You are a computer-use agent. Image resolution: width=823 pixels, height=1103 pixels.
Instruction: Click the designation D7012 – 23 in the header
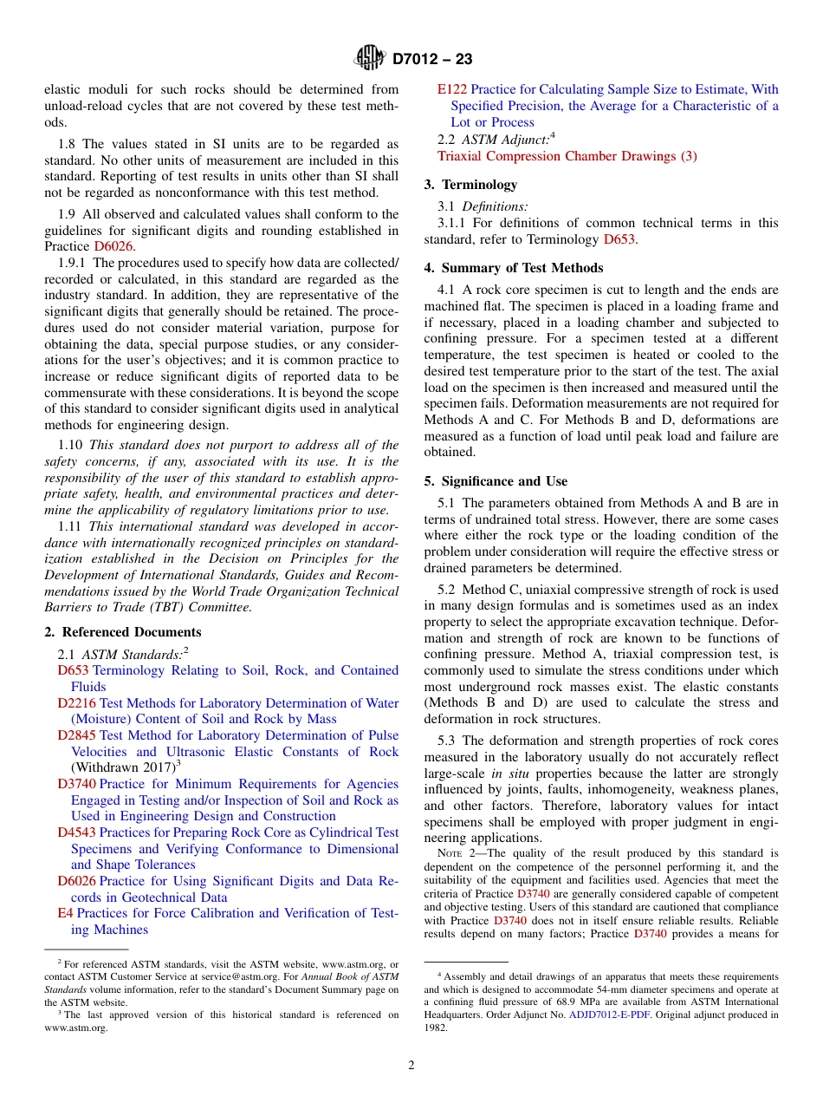coord(432,60)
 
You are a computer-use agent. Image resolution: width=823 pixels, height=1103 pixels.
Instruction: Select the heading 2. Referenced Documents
coord(123,632)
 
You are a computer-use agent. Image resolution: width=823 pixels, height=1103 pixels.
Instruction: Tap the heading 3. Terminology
coord(470,185)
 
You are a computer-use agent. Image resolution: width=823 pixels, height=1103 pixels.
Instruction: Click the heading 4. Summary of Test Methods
coord(514,268)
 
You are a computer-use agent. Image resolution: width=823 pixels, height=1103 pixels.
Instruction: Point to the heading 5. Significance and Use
coord(496,481)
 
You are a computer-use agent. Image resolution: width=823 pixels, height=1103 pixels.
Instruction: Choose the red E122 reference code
coord(451,89)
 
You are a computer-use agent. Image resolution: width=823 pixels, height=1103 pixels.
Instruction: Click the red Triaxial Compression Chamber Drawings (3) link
coord(567,156)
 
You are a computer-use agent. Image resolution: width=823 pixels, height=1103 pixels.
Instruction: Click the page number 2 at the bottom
coord(411,1066)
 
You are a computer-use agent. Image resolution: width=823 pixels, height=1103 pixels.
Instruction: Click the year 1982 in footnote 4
coord(437,1028)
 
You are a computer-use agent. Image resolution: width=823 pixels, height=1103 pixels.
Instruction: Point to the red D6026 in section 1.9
coord(114,246)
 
